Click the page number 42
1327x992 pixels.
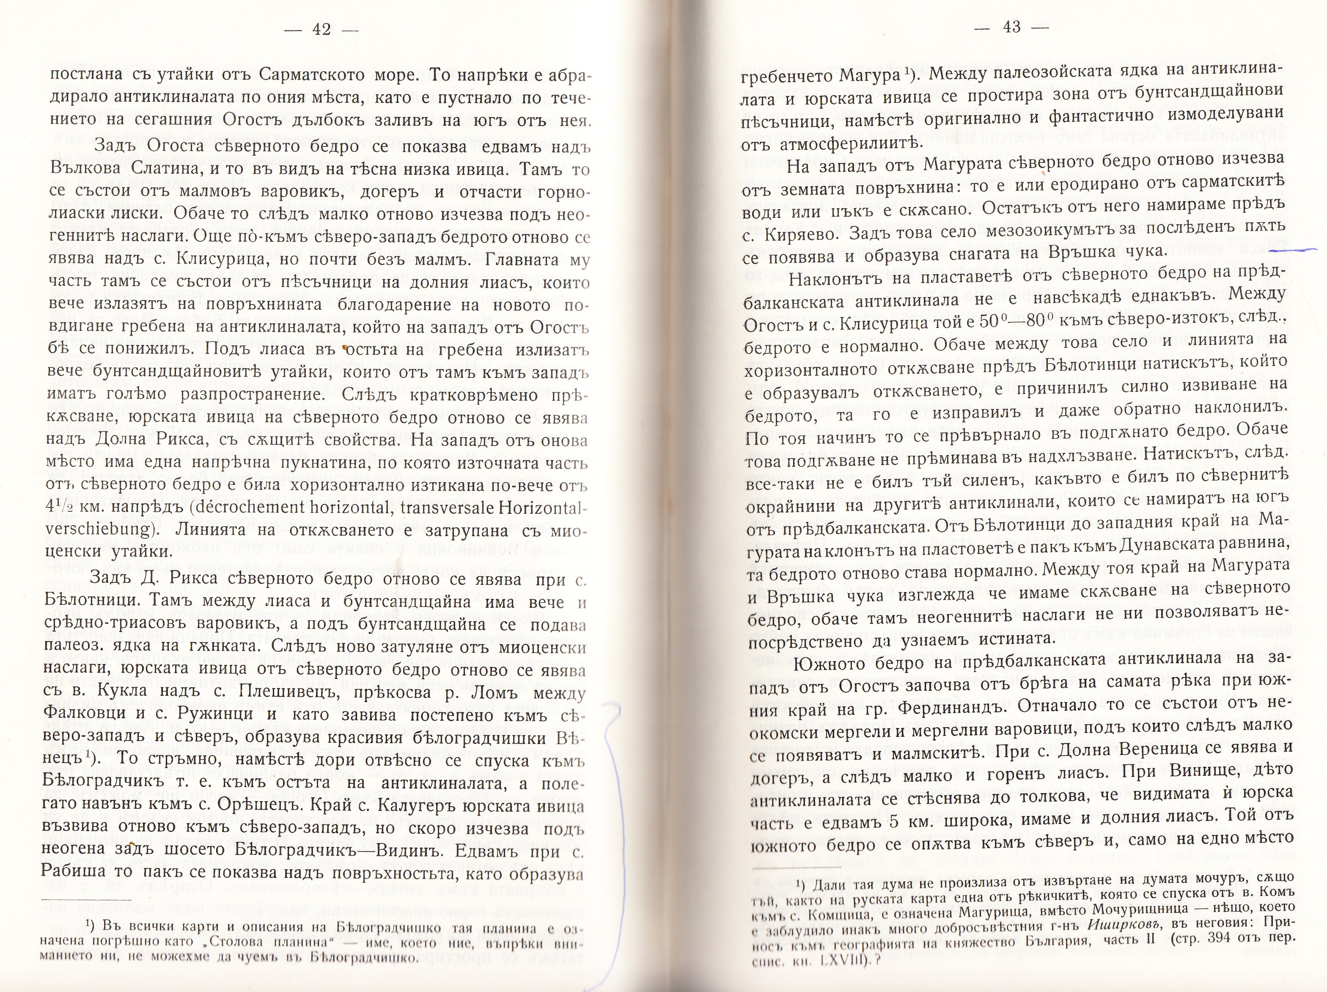pyautogui.click(x=321, y=29)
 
